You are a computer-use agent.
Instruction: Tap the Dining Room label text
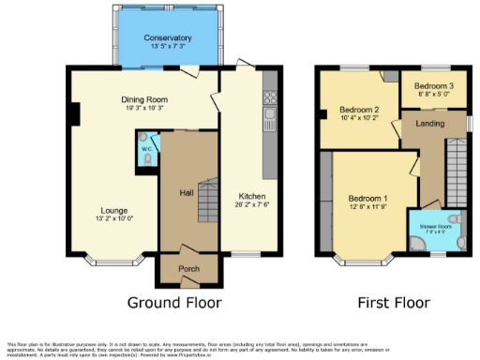click(142, 98)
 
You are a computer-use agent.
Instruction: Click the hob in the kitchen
click(272, 96)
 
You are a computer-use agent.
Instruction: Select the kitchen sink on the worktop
click(271, 116)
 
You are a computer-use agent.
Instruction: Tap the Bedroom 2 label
click(358, 110)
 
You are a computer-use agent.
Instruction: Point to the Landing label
click(430, 124)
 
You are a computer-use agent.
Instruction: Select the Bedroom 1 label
click(367, 199)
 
